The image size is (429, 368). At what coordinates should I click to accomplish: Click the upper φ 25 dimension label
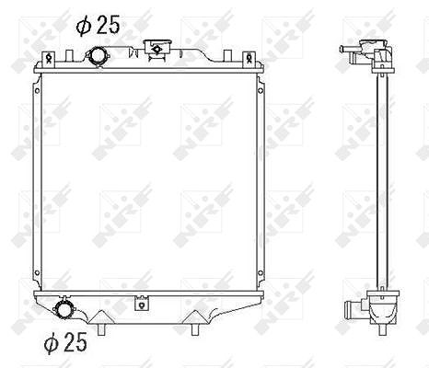(x=98, y=25)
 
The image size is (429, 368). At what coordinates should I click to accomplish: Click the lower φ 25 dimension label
(x=65, y=342)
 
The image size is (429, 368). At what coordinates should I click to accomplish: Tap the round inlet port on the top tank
(x=98, y=56)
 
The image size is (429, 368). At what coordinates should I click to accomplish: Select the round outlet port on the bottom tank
(x=64, y=309)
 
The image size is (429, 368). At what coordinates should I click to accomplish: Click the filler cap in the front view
(x=157, y=48)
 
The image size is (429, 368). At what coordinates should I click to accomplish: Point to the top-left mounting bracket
(x=49, y=57)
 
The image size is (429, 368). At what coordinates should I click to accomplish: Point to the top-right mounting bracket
(x=249, y=57)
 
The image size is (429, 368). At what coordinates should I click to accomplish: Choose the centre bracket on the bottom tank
(x=142, y=303)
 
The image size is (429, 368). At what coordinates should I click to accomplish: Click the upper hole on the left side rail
(x=38, y=91)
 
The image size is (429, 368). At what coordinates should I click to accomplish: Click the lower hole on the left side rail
(x=38, y=272)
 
